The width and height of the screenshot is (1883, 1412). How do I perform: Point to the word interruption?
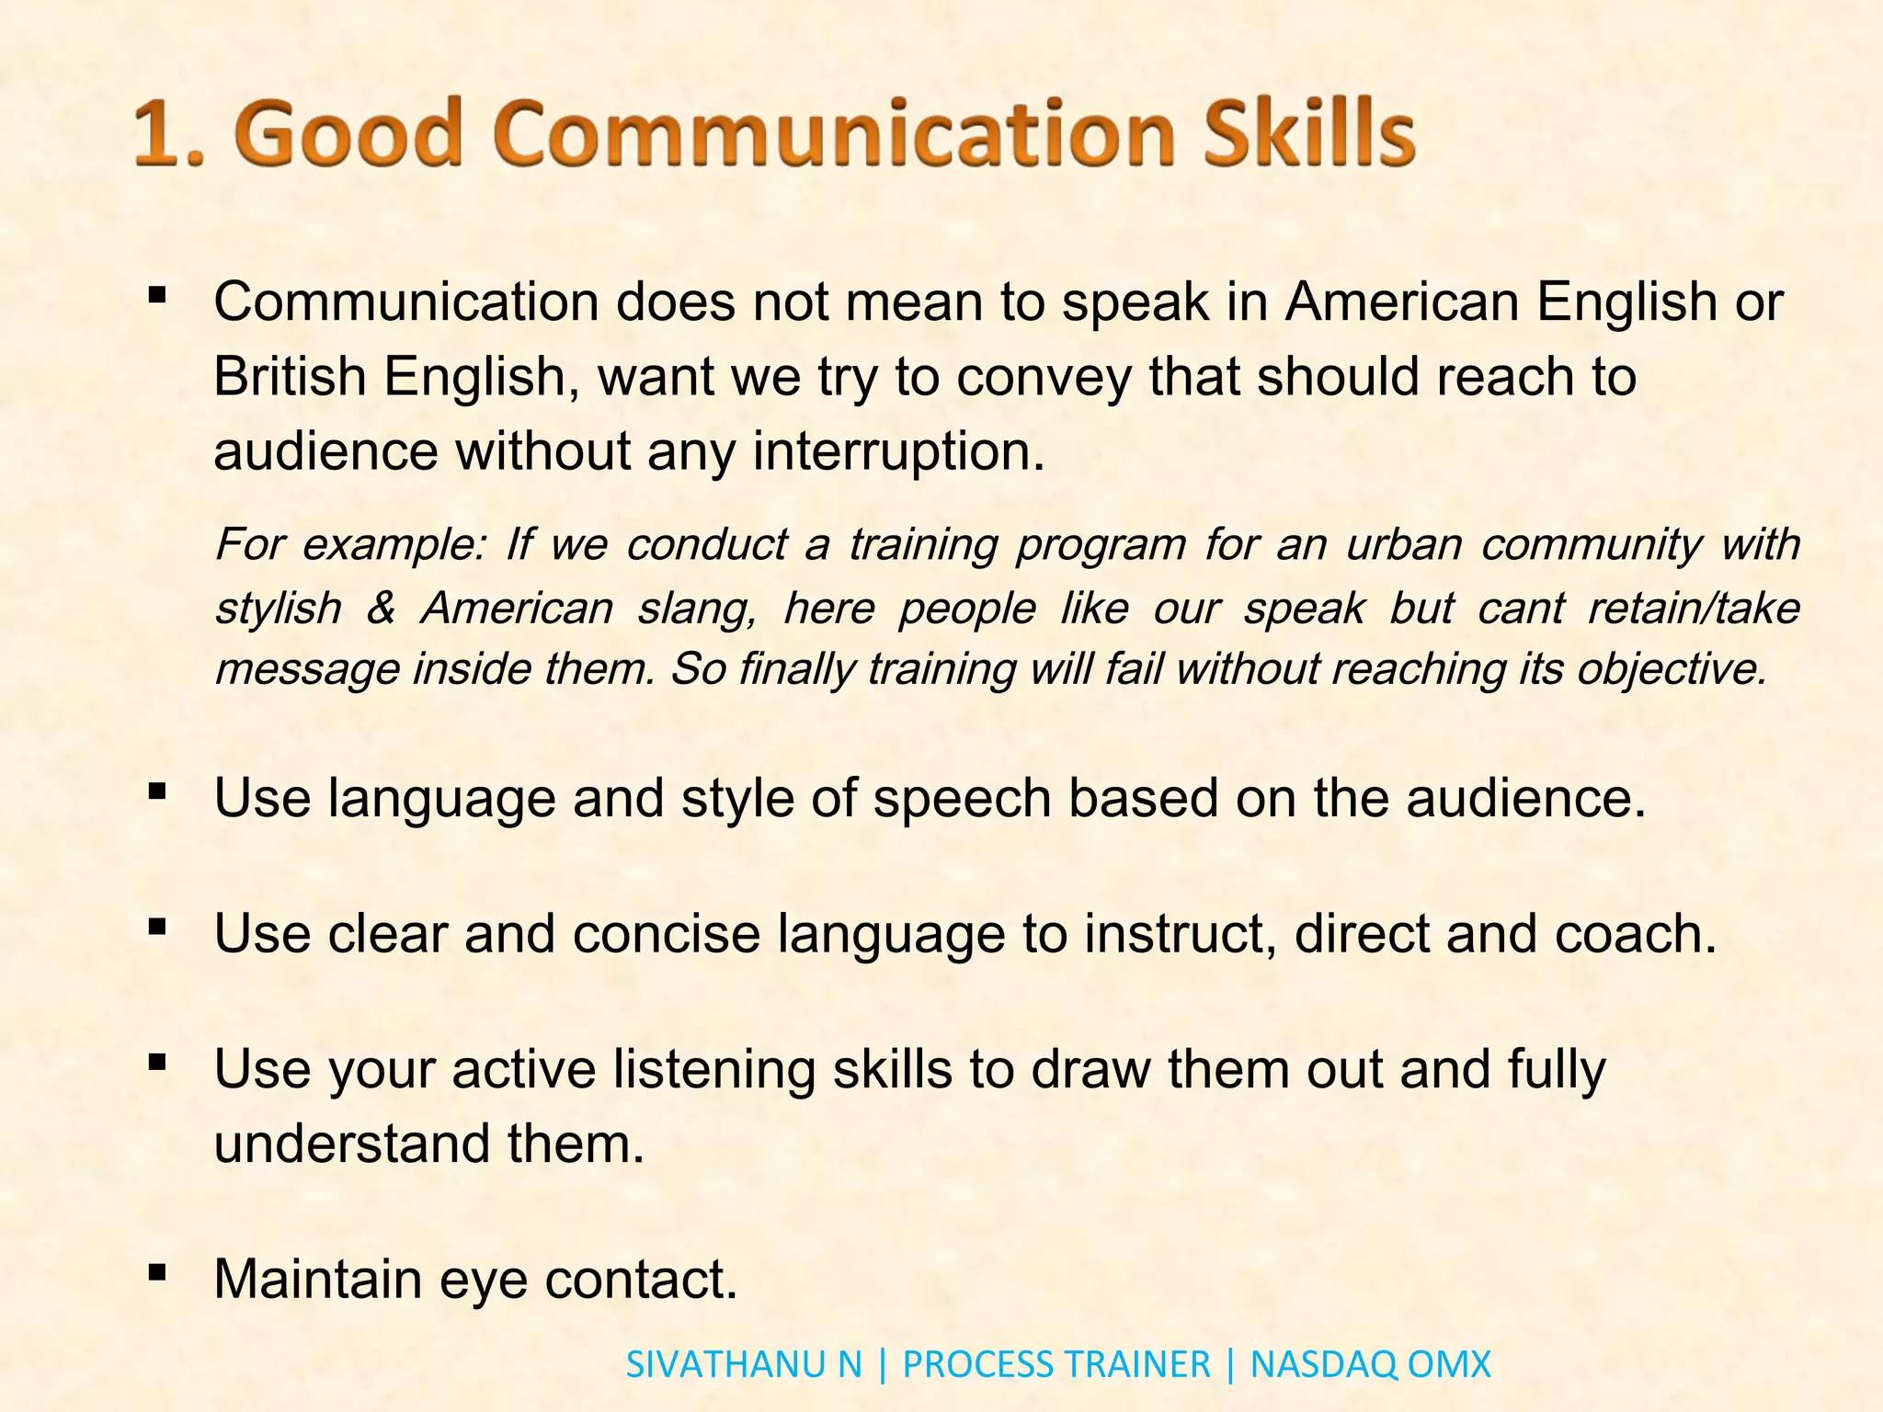(898, 451)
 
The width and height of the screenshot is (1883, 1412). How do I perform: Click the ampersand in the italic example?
(381, 609)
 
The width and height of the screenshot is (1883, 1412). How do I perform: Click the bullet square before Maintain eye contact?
(157, 1272)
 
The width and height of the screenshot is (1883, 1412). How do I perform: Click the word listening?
(713, 1071)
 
